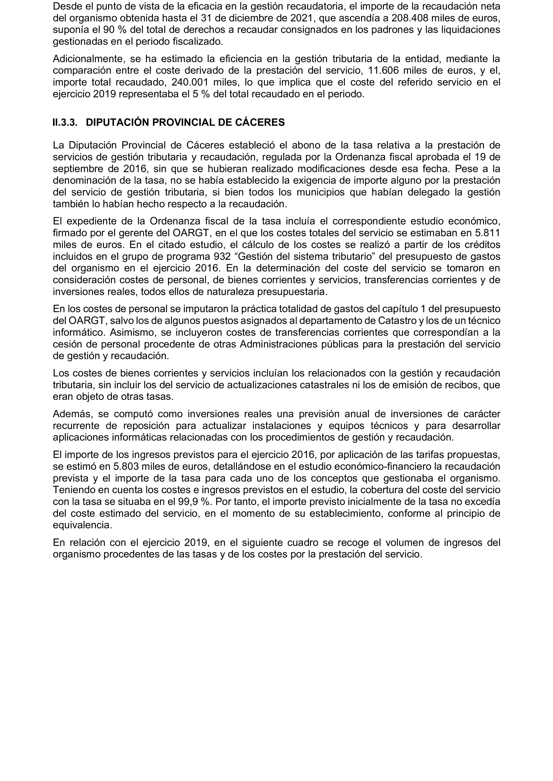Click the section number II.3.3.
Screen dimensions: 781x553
click(65, 122)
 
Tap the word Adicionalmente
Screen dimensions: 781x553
click(86, 59)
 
